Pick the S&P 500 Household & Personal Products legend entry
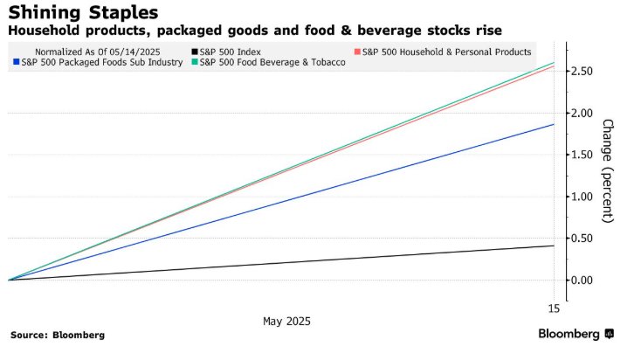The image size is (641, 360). tap(445, 51)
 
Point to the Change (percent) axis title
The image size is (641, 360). tap(608, 170)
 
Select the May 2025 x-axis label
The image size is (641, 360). tap(286, 321)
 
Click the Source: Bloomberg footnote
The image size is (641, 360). tap(58, 335)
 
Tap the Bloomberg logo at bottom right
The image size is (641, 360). tap(576, 334)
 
